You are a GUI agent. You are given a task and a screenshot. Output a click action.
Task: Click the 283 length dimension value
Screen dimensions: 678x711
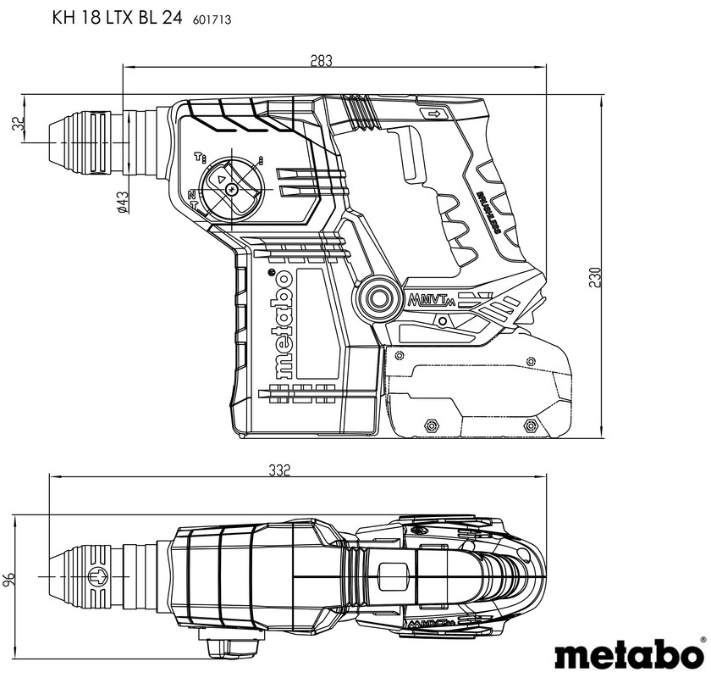click(321, 60)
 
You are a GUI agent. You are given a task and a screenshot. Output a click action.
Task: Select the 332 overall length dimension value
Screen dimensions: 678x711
click(281, 470)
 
